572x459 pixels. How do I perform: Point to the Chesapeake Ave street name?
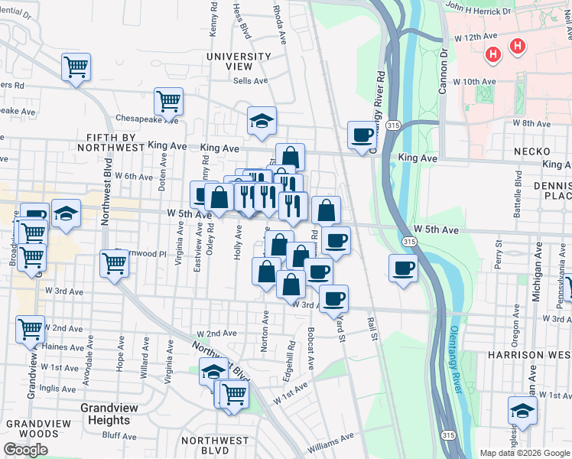click(148, 119)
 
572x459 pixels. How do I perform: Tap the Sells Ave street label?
click(250, 80)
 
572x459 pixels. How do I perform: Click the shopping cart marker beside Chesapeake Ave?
click(168, 99)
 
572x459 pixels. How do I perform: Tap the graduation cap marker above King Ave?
click(262, 120)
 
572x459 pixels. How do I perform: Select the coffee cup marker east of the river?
click(403, 269)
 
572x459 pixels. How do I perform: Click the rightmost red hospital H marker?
click(518, 47)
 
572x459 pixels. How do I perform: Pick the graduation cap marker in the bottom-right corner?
click(522, 409)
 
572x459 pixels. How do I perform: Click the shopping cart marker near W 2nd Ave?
click(30, 329)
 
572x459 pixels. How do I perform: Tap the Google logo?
click(25, 450)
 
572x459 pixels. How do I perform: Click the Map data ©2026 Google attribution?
click(524, 453)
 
